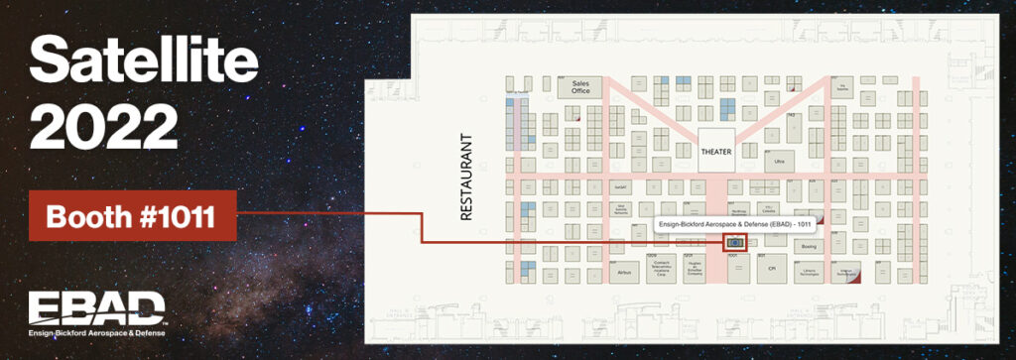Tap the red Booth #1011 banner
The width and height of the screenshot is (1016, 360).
(x=131, y=215)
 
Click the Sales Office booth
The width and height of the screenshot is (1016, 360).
(x=580, y=87)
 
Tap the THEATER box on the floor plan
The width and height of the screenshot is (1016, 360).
(x=715, y=152)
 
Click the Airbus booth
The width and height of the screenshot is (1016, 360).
(x=624, y=269)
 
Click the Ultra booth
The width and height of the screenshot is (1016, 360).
(x=780, y=160)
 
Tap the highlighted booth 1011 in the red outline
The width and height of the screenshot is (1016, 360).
(x=734, y=242)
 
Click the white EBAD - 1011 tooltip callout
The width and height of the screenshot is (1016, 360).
(x=734, y=225)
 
